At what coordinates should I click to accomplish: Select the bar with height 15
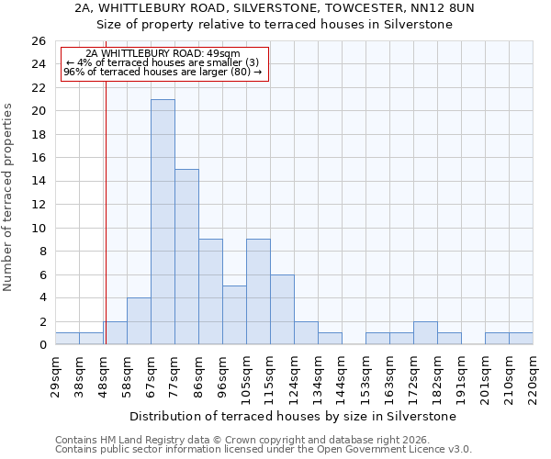click(186, 257)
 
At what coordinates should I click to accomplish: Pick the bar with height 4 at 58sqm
click(139, 321)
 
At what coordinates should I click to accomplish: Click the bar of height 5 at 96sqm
click(234, 315)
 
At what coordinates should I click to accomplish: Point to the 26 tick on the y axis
click(38, 41)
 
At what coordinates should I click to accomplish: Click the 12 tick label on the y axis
click(38, 205)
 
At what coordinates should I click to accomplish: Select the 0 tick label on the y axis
click(41, 345)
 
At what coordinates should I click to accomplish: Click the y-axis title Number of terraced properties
click(9, 197)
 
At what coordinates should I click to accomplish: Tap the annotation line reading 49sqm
click(163, 54)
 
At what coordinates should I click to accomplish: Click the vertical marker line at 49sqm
click(106, 229)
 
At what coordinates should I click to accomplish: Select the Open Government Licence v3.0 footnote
click(264, 450)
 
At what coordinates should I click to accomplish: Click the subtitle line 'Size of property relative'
click(275, 25)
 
